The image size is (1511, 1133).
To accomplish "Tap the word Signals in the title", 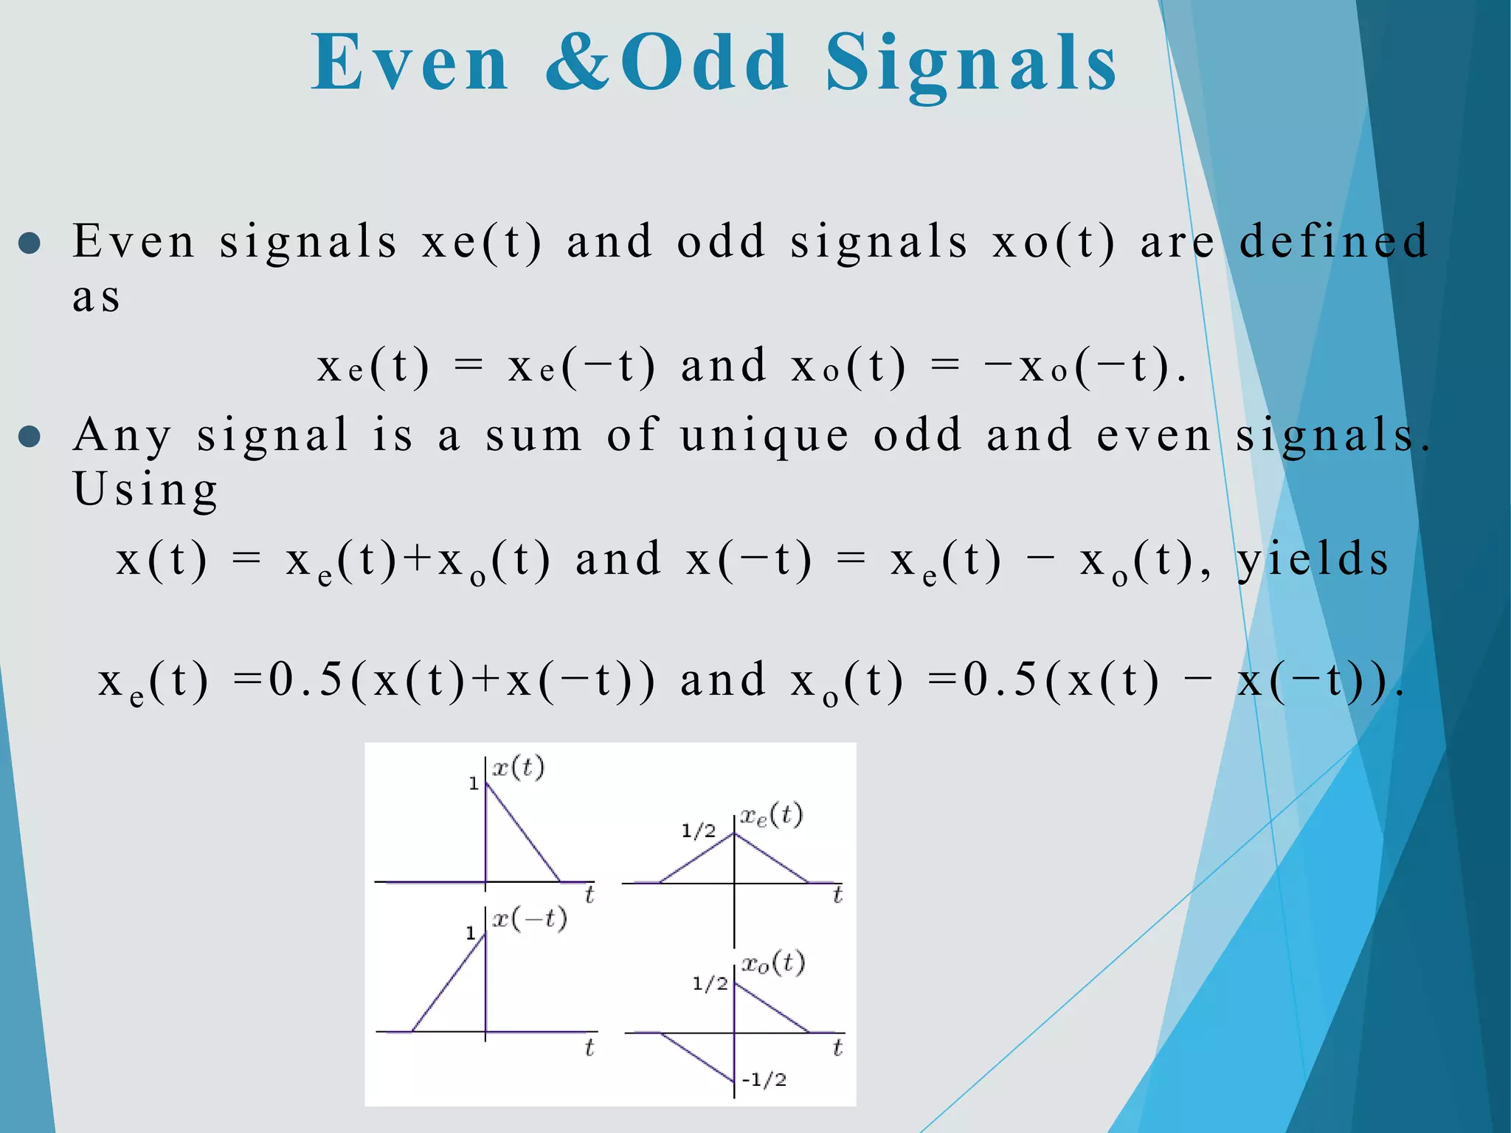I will pos(971,65).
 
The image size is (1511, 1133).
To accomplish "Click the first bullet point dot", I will pos(30,243).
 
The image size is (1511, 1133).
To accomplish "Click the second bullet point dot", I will pos(30,437).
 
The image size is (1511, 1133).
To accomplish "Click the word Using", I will pos(146,490).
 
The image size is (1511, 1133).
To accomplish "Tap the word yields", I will pos(1313,559).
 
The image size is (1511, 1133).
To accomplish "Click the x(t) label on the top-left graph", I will pos(518,768).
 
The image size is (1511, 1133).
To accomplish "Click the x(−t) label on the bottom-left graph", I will pos(530,919).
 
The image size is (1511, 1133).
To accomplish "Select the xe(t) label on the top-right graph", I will pos(772,815).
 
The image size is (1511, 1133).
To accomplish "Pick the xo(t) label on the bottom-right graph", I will pos(773,963).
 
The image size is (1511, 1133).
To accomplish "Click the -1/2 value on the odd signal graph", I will pos(764,1080).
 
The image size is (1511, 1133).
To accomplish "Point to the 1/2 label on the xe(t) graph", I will pos(698,831).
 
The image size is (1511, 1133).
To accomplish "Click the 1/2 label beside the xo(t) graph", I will pos(710,983).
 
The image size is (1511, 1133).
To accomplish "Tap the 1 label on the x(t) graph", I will pos(474,784).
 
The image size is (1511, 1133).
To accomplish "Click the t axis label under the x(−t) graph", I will pos(589,1047).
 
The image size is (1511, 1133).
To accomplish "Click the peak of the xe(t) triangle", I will pos(734,834).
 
